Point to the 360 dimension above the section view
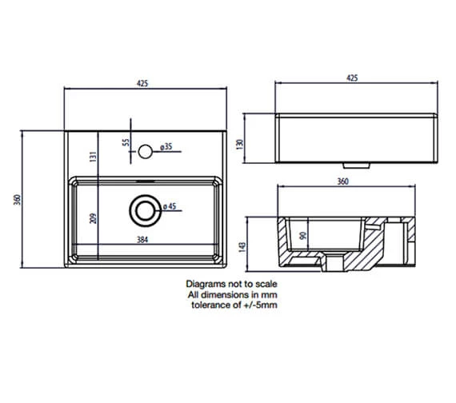point(342,181)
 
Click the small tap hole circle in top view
point(145,149)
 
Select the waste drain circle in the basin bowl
point(144,209)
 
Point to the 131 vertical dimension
point(93,158)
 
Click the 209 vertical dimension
point(93,217)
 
